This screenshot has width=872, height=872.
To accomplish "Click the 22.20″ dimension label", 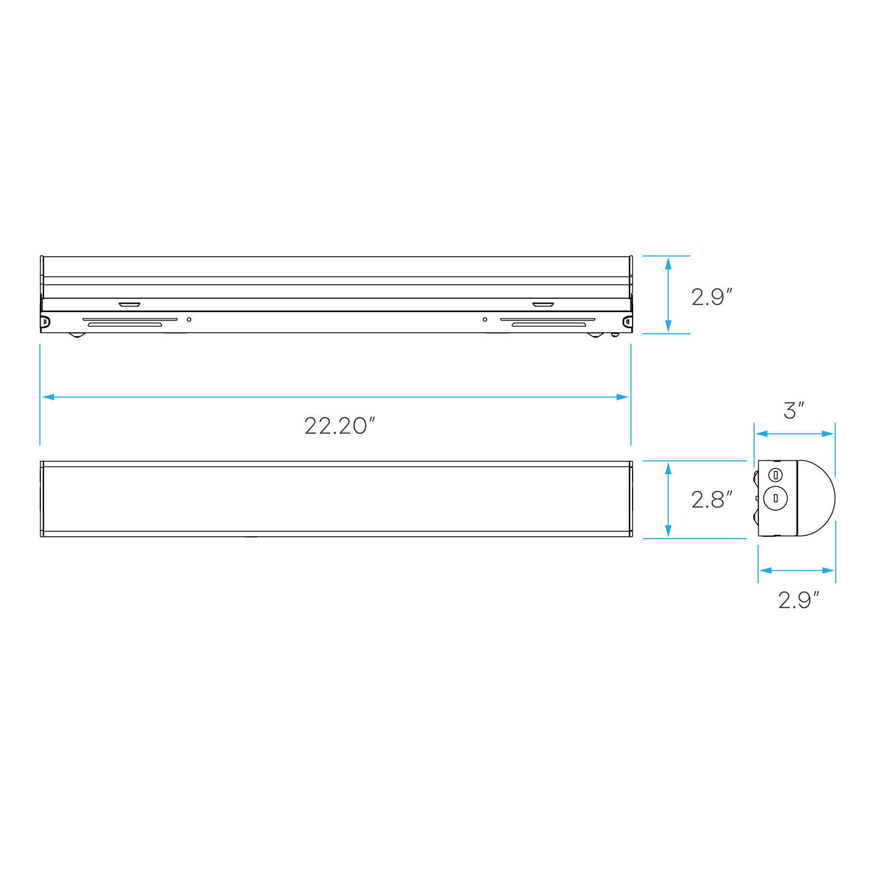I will click(340, 426).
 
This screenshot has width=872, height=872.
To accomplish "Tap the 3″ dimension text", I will click(794, 411).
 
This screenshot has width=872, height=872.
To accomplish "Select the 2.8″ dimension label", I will click(711, 500).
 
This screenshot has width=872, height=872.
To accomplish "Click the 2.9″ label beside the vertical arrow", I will click(711, 297).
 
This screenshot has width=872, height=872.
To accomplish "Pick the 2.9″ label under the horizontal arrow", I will click(798, 601).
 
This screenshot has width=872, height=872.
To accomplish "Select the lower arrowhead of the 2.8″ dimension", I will click(669, 531).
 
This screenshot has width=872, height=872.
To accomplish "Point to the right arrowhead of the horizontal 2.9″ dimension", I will click(828, 571).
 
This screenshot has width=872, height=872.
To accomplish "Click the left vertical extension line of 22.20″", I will click(40, 368).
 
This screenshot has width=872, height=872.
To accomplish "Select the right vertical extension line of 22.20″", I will click(631, 368).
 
